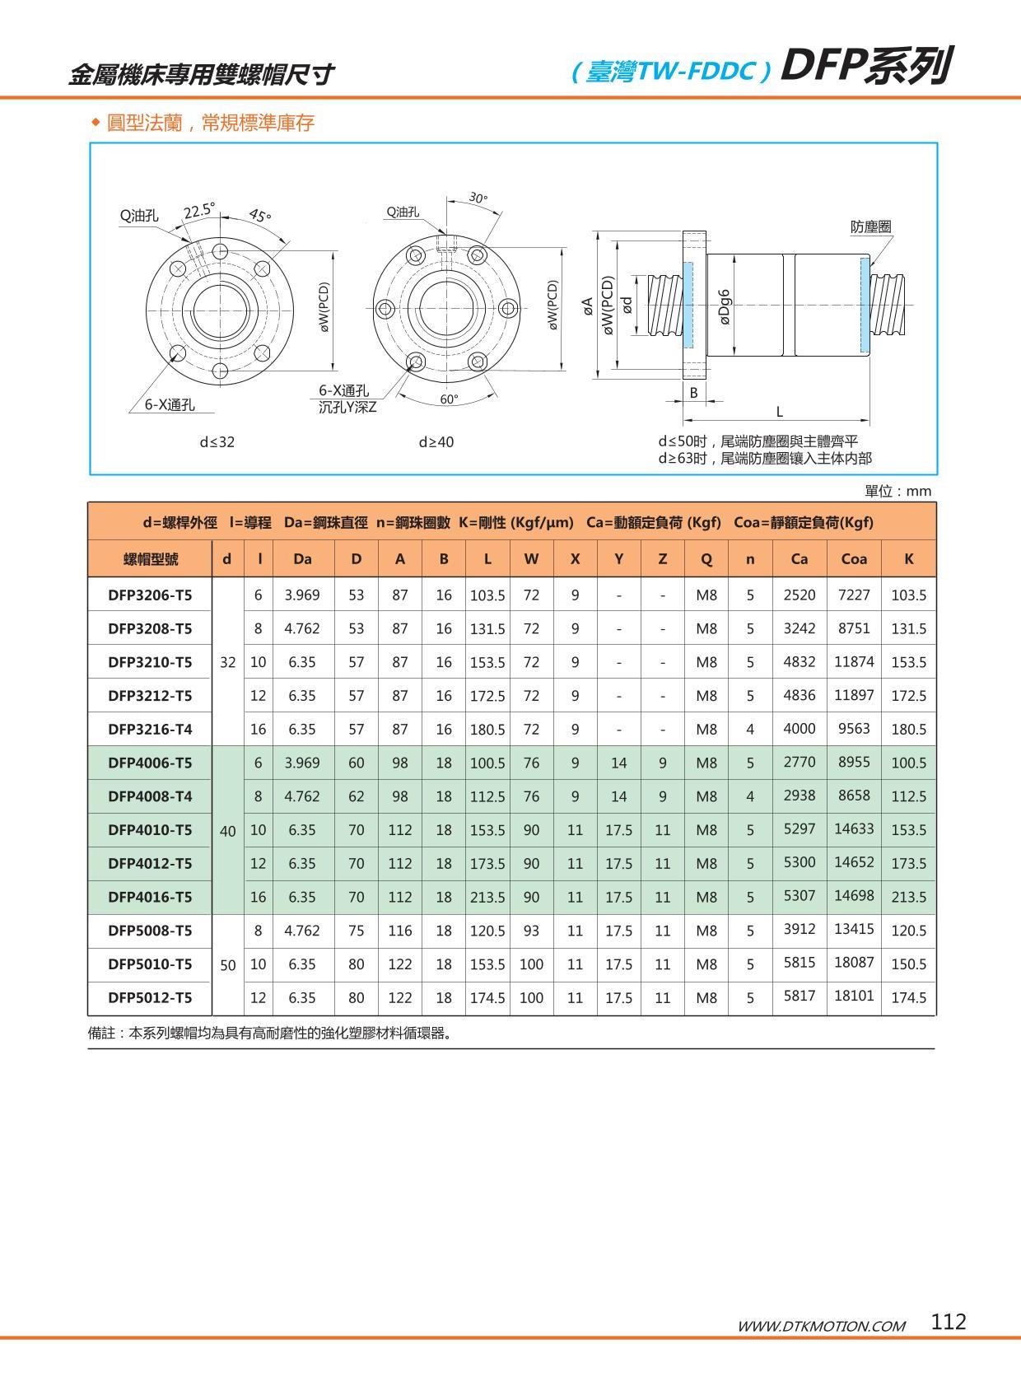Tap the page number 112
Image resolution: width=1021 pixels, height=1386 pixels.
(949, 1321)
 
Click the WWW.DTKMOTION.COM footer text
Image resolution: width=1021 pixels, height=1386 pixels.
(821, 1326)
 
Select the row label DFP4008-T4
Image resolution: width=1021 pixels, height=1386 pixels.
(150, 796)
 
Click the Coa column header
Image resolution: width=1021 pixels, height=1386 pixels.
(854, 559)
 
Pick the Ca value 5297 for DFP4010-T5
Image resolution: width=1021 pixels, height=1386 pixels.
(799, 828)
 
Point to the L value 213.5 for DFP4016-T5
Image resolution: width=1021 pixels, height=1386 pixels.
(487, 897)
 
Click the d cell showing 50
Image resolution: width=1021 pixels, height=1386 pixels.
(228, 964)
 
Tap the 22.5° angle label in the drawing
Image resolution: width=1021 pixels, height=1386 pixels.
(198, 212)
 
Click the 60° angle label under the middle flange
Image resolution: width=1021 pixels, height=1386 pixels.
(449, 399)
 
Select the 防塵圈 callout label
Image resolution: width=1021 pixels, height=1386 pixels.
(870, 226)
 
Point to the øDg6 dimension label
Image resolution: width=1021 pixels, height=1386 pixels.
(725, 306)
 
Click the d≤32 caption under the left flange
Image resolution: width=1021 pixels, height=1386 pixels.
(217, 442)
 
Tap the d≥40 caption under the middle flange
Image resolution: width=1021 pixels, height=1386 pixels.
(436, 442)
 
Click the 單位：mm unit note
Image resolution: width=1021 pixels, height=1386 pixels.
(897, 492)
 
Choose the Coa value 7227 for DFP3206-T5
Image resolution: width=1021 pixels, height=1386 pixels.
(854, 595)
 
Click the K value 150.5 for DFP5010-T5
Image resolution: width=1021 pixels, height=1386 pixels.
(908, 964)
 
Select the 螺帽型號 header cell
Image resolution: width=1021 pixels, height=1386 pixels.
(150, 559)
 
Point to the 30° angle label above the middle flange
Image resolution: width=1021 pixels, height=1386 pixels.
(478, 198)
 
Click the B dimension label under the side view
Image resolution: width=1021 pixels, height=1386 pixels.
(693, 393)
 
